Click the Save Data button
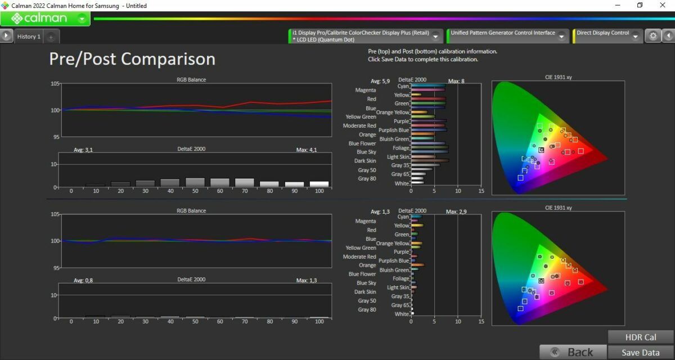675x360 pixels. tap(641, 353)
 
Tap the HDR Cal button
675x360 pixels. tap(641, 337)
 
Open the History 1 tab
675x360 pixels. tap(29, 37)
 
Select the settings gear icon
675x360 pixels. tap(652, 36)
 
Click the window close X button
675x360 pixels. tap(663, 5)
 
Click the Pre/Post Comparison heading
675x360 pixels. tap(132, 58)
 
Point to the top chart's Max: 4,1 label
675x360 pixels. tap(307, 150)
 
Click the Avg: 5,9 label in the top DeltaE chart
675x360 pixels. tap(380, 81)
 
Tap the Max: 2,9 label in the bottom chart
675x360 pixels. tap(456, 212)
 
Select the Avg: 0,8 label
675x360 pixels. tap(83, 281)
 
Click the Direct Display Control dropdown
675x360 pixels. tap(607, 36)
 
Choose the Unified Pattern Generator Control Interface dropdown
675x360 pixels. tap(508, 36)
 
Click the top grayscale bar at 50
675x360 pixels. tap(195, 182)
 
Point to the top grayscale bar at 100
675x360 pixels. tap(319, 184)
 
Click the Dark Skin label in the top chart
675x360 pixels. tap(365, 161)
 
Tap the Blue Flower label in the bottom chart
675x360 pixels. tap(362, 274)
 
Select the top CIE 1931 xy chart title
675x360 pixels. tap(559, 77)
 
